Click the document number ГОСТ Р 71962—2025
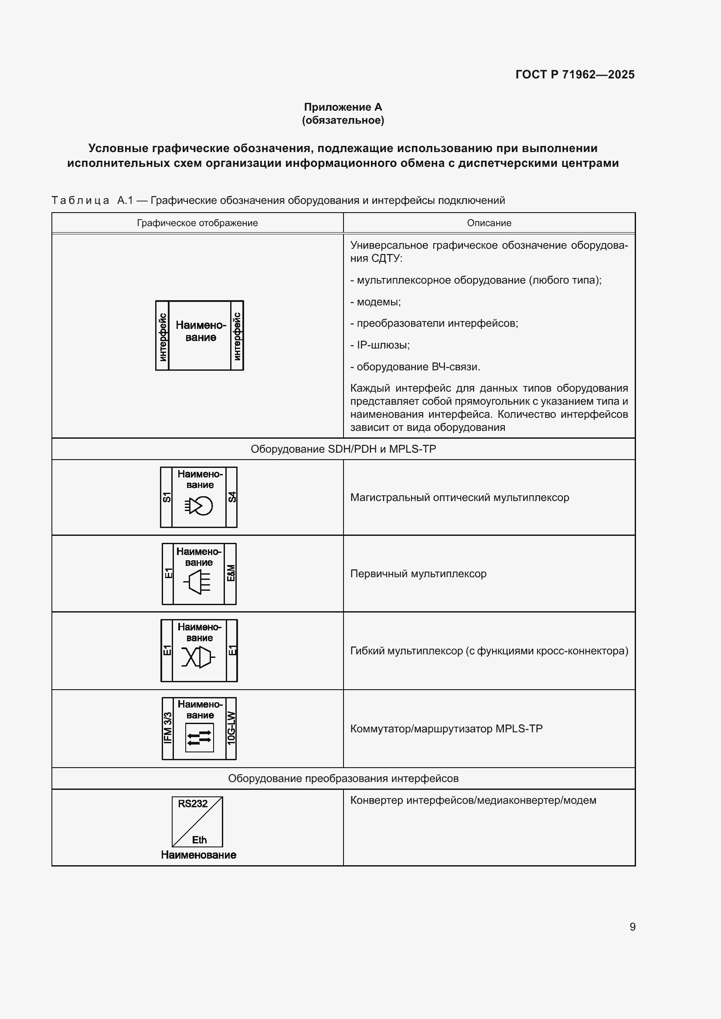(575, 74)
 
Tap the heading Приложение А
(343, 107)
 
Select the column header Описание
(489, 223)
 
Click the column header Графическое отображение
(197, 223)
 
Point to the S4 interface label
(232, 497)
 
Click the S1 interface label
(167, 497)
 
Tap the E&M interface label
(231, 573)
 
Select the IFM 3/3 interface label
(168, 728)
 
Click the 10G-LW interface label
(231, 728)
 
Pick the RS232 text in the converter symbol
(193, 804)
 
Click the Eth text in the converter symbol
(199, 840)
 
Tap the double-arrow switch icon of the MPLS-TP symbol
(199, 738)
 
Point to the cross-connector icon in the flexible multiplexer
(198, 657)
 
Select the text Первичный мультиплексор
(418, 574)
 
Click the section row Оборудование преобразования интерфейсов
(343, 778)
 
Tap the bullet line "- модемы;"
(376, 302)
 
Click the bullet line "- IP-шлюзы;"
(380, 345)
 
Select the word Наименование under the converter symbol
(198, 855)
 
